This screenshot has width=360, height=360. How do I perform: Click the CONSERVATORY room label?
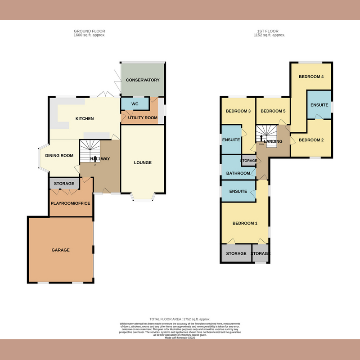(143, 80)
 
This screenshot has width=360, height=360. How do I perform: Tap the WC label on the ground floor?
(134, 104)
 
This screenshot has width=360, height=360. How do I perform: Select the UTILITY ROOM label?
(143, 118)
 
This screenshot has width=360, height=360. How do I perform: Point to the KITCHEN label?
(84, 119)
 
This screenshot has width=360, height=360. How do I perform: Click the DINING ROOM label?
(59, 156)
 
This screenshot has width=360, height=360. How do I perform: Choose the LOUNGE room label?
(143, 162)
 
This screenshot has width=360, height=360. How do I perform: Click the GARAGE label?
(60, 250)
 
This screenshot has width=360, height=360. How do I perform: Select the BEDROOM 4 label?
(311, 76)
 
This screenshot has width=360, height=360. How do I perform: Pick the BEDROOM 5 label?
(273, 111)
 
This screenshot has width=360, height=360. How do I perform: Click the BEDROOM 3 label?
(238, 111)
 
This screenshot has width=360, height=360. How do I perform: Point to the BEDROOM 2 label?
(311, 140)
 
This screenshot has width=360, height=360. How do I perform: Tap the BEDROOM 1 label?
(245, 223)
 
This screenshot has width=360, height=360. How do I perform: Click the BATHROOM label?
(238, 173)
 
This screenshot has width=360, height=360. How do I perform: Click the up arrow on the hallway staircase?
(95, 158)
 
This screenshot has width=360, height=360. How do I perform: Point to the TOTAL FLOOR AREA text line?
(180, 319)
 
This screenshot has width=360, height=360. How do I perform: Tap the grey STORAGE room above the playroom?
(64, 184)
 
